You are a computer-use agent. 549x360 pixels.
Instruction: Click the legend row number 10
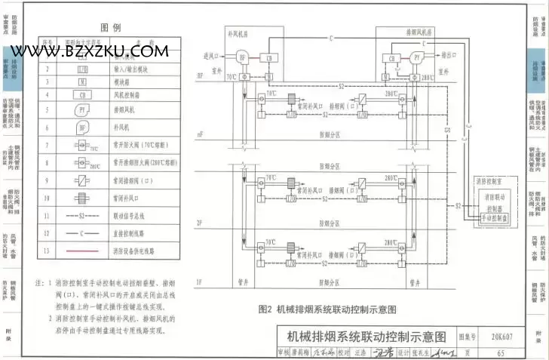pos(47,199)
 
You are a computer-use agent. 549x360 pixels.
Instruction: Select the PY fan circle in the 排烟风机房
pos(416,57)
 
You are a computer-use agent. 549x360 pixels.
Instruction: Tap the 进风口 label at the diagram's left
pos(213,55)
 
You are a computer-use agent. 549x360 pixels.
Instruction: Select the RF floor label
pos(200,76)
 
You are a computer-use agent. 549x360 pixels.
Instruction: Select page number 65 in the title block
pos(501,352)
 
